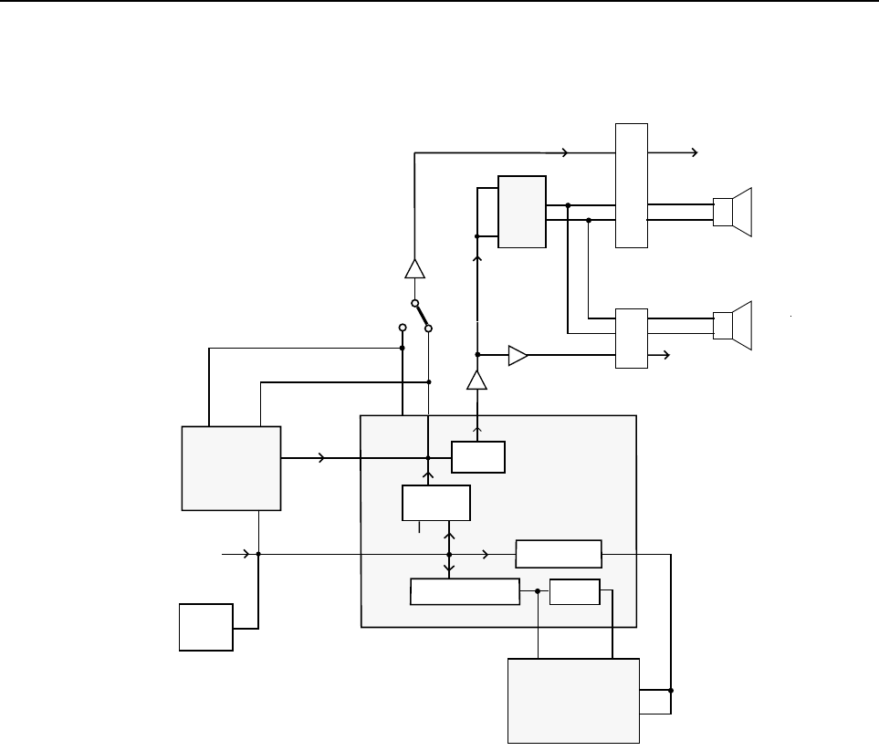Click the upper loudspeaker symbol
pyautogui.click(x=734, y=212)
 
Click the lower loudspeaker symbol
pyautogui.click(x=734, y=326)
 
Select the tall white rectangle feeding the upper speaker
pyautogui.click(x=632, y=184)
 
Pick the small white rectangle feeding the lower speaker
pyautogui.click(x=632, y=339)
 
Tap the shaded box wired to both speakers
pyautogui.click(x=522, y=212)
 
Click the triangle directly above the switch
pyautogui.click(x=414, y=269)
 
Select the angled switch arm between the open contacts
pyautogui.click(x=422, y=316)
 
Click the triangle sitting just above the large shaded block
pyautogui.click(x=476, y=381)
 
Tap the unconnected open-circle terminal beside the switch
pyautogui.click(x=403, y=327)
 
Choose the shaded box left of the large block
pyautogui.click(x=232, y=467)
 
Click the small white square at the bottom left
pyautogui.click(x=206, y=627)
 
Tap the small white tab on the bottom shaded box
pyautogui.click(x=654, y=701)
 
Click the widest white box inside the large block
pyautogui.click(x=466, y=591)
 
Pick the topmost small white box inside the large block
pyautogui.click(x=478, y=457)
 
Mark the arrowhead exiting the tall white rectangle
pyautogui.click(x=696, y=152)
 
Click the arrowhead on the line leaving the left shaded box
pyautogui.click(x=320, y=458)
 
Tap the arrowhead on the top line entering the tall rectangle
pyautogui.click(x=565, y=152)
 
